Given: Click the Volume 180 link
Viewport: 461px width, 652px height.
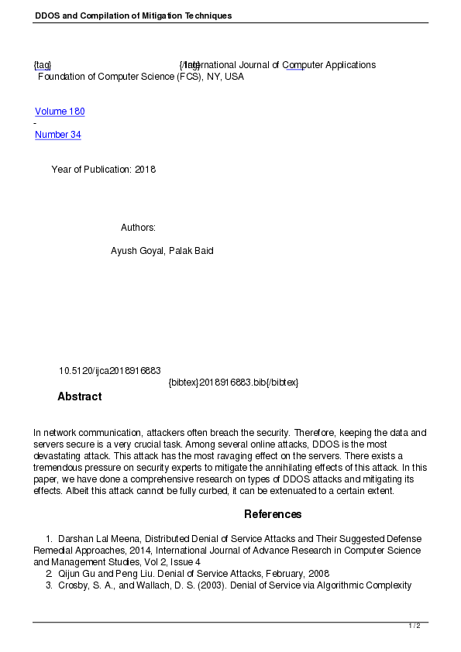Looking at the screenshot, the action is point(60,112).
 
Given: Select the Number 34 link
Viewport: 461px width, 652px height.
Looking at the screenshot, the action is point(58,135).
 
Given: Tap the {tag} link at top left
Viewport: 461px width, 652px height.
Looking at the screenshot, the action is point(43,65).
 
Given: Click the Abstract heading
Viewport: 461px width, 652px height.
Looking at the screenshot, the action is point(79,396).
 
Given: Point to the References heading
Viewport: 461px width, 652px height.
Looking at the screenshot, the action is point(273,514).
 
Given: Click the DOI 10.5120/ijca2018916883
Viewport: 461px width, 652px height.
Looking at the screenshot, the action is point(110,371).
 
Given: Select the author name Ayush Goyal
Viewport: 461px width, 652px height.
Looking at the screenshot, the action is point(137,251).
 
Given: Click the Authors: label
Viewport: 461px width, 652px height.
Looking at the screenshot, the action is point(138,228).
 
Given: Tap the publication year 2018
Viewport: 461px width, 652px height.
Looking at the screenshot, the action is point(145,170).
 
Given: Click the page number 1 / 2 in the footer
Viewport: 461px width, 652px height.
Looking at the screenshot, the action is point(415,626).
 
